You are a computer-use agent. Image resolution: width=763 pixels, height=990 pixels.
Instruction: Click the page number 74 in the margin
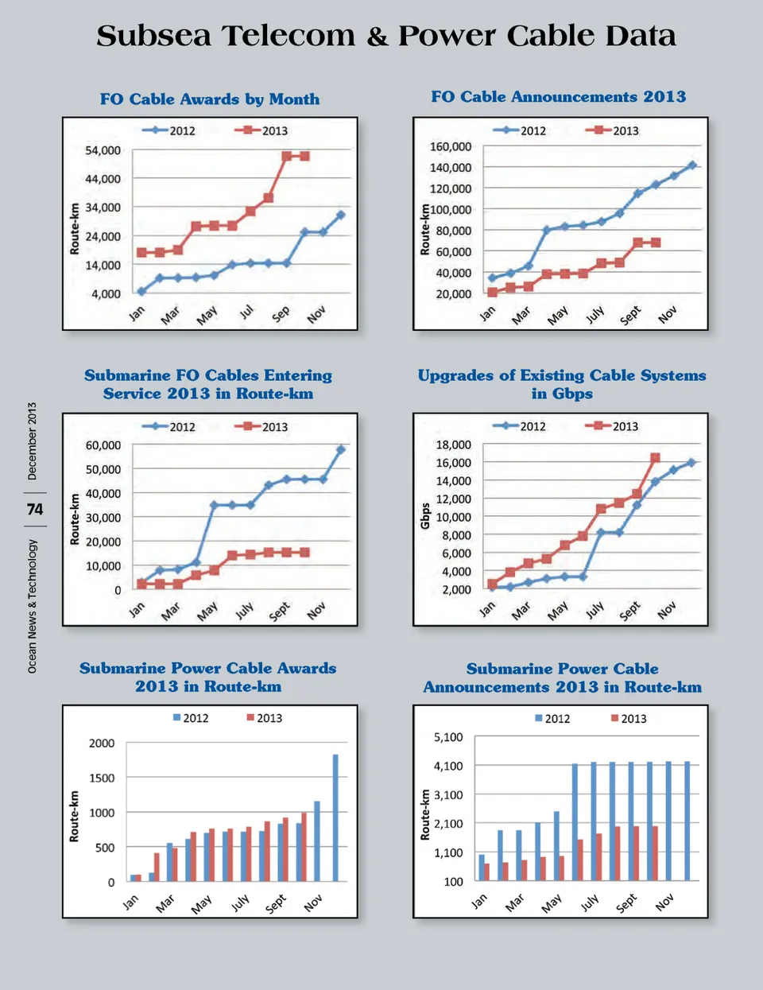click(35, 510)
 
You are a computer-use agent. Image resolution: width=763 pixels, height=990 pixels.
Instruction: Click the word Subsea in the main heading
click(154, 36)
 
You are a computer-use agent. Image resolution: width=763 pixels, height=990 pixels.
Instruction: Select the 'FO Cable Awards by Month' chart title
click(210, 99)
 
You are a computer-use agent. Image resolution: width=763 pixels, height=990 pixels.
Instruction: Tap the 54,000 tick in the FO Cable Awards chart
click(103, 150)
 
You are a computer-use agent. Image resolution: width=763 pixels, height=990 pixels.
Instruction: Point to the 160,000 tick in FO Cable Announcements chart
click(451, 146)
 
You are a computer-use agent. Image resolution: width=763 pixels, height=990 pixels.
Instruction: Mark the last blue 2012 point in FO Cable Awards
click(341, 215)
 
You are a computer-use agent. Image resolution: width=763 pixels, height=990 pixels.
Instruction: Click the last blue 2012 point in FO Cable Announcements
click(692, 165)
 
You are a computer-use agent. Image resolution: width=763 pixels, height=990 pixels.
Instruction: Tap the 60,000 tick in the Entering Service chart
click(103, 445)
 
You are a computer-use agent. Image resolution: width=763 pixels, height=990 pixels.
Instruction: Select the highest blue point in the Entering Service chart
click(341, 450)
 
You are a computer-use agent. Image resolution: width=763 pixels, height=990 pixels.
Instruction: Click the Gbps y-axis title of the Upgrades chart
click(426, 516)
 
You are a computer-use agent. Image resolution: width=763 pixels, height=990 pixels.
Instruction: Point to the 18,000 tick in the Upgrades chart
click(454, 445)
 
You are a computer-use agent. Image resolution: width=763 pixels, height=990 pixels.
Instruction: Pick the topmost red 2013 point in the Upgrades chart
click(656, 458)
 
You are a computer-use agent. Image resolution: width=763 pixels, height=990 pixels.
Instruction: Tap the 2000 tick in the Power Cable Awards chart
click(102, 743)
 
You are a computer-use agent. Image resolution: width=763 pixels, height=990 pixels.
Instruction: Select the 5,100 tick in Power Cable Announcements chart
click(448, 737)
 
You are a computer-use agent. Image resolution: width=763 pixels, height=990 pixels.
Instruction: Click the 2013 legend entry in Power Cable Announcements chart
click(629, 719)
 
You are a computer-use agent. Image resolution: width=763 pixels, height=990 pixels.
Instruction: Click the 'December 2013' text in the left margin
click(33, 441)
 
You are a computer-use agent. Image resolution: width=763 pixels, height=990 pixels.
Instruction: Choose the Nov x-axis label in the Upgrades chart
click(667, 610)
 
